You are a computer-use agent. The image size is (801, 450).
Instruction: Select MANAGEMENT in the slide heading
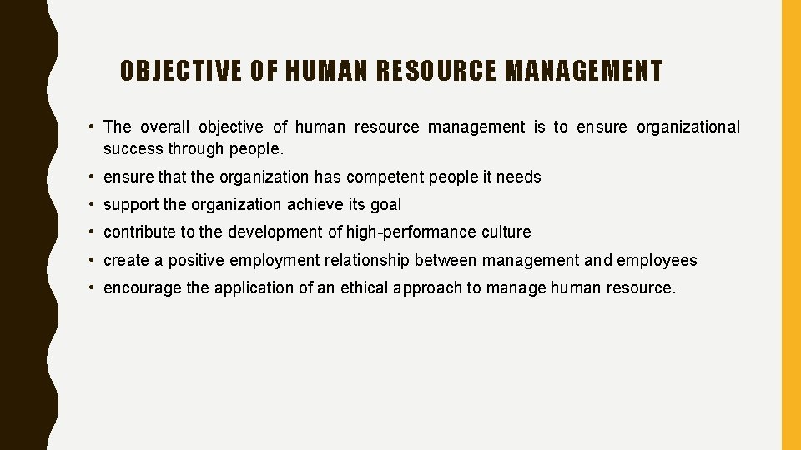583,72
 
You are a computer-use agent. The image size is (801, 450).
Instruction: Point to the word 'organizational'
688,127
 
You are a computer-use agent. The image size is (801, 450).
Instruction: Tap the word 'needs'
518,177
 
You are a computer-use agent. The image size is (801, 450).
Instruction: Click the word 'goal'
385,205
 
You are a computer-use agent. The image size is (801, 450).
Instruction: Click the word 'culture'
506,232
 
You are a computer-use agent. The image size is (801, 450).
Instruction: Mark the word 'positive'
196,261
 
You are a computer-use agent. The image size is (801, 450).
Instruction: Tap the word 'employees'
657,261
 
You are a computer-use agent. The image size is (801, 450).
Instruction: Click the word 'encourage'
141,288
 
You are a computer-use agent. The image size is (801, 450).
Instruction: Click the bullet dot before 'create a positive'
90,261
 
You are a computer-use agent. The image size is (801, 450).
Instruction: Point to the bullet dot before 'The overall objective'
90,127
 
